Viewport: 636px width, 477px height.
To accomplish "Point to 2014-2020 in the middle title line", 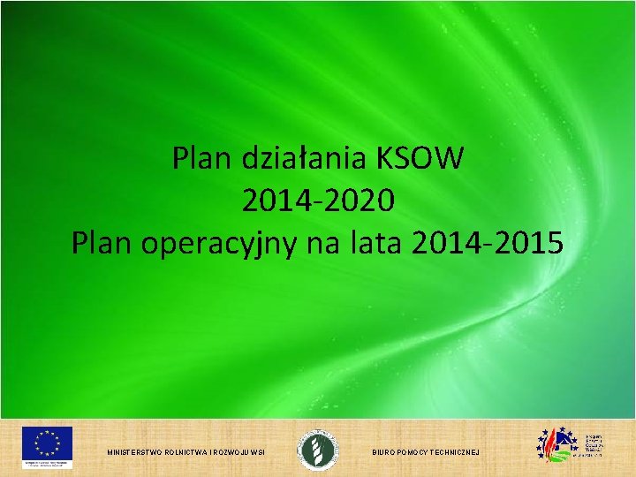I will tap(317, 201).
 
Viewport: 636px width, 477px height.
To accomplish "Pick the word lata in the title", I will tap(375, 243).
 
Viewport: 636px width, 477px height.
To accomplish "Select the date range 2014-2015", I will tap(487, 243).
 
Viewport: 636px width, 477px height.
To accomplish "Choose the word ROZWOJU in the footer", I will tap(234, 452).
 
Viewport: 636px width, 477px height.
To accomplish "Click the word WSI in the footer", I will tap(259, 452).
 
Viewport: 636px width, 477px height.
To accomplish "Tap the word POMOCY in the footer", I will tap(418, 452).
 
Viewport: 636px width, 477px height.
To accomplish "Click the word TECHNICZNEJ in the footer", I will tap(459, 452).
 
